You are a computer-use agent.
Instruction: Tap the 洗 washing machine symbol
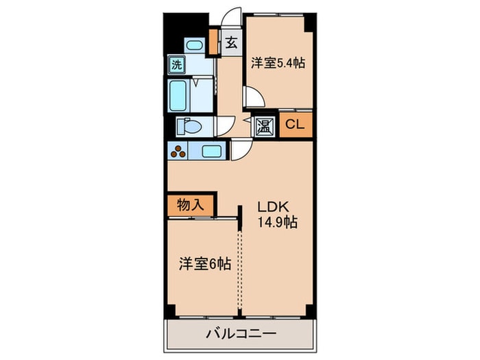coord(177,67)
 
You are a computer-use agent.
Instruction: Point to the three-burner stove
coord(179,152)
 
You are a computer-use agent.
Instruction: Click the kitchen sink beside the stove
coord(211,152)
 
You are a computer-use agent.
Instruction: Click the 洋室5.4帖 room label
coord(278,63)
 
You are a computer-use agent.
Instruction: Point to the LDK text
coord(273,204)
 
